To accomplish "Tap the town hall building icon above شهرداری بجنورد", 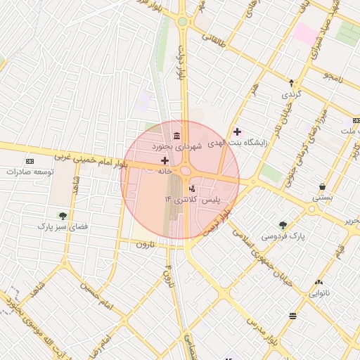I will [x=175, y=135].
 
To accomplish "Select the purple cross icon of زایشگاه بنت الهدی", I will [x=237, y=131].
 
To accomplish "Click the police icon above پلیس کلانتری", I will [x=192, y=188].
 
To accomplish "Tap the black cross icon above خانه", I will [x=165, y=161].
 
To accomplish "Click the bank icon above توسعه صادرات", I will [x=30, y=160].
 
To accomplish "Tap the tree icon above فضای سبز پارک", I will [x=63, y=216].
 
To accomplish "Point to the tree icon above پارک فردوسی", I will [x=283, y=225].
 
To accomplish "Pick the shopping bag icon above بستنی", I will [x=322, y=187].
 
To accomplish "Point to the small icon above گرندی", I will [x=291, y=83].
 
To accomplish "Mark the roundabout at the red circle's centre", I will [x=186, y=171].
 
